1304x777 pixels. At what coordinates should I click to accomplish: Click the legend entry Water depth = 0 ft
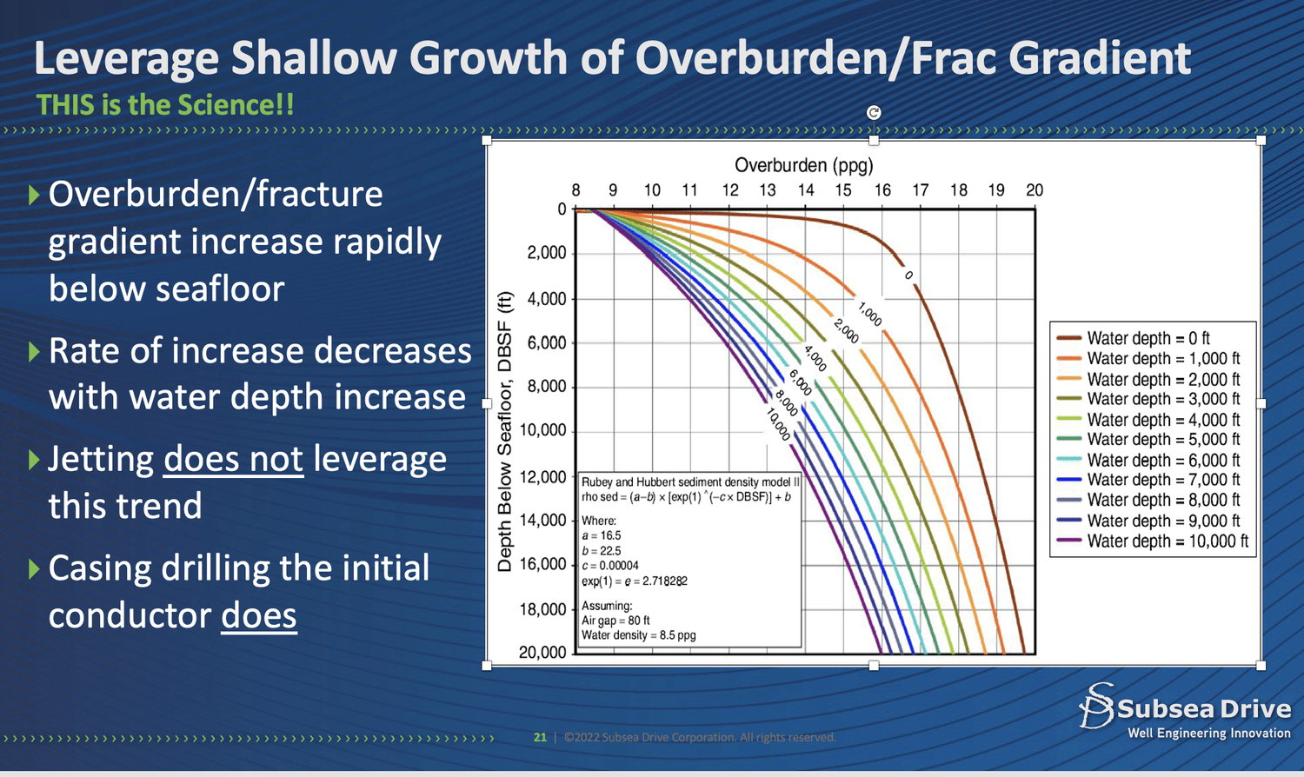[x=1148, y=338]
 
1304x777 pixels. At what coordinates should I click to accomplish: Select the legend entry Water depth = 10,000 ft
[x=1167, y=541]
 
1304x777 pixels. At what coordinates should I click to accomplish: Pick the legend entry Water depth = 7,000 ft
[x=1163, y=480]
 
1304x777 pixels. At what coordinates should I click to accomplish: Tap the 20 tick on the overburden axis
[x=1034, y=190]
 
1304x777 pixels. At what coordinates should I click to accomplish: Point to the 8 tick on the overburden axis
[x=575, y=190]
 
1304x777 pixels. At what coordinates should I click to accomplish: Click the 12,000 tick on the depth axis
[x=542, y=477]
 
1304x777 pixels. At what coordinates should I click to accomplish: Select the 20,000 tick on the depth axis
[x=542, y=652]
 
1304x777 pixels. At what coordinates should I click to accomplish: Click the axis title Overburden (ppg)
[x=803, y=165]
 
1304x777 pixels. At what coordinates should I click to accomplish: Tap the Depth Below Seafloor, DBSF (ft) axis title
[x=504, y=432]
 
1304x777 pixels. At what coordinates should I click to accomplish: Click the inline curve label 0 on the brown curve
[x=909, y=276]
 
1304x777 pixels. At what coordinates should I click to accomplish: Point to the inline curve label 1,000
[x=870, y=314]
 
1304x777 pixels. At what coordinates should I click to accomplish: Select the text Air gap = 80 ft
[x=615, y=621]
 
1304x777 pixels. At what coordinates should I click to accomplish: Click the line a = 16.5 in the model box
[x=602, y=535]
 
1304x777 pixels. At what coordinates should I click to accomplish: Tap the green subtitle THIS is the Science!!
[x=165, y=105]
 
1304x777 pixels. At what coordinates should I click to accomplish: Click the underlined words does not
[x=233, y=459]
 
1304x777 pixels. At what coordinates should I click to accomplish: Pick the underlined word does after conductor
[x=258, y=615]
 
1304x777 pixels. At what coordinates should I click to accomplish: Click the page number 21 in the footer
[x=540, y=737]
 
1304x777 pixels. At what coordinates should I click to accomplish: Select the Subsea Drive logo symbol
[x=1096, y=705]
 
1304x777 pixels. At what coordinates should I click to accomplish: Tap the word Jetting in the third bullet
[x=101, y=459]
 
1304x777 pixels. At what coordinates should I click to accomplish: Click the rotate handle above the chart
[x=874, y=112]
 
